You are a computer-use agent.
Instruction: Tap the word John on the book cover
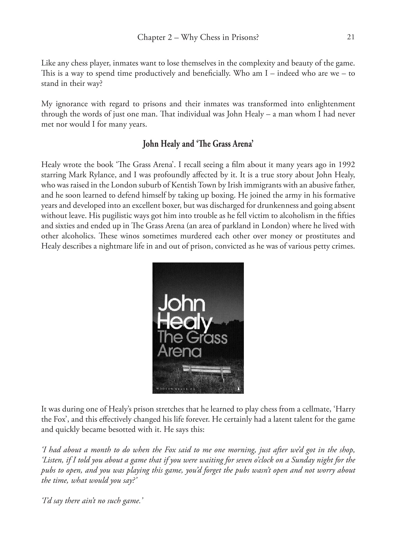181,303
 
